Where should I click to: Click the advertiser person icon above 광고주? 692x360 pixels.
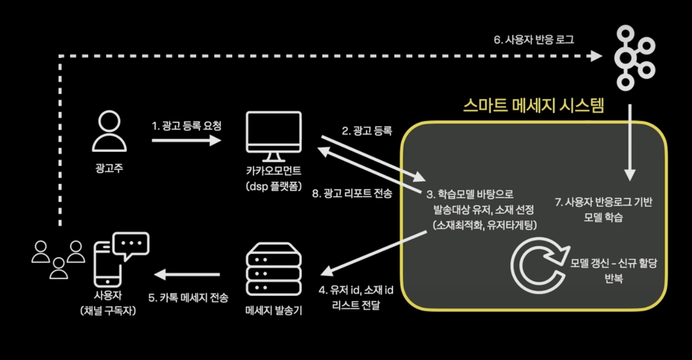pyautogui.click(x=109, y=133)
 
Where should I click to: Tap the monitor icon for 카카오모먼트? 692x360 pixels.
pyautogui.click(x=273, y=137)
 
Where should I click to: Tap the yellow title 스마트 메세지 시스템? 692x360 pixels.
pyautogui.click(x=533, y=105)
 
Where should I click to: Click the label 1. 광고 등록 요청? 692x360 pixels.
pyautogui.click(x=187, y=126)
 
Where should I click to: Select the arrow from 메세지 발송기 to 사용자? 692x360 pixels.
pyautogui.click(x=187, y=274)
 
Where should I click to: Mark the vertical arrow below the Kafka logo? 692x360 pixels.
pyautogui.click(x=630, y=142)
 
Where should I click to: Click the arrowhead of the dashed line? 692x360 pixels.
pyautogui.click(x=597, y=55)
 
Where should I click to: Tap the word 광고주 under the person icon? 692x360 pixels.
pyautogui.click(x=109, y=169)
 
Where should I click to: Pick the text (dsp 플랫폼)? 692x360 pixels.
pyautogui.click(x=273, y=184)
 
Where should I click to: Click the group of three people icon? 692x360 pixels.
pyautogui.click(x=58, y=258)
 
